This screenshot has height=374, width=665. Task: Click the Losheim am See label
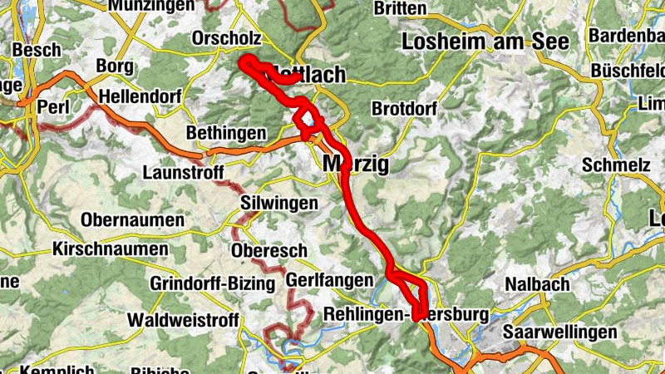pyautogui.click(x=485, y=41)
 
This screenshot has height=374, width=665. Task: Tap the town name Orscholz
pyautogui.click(x=226, y=38)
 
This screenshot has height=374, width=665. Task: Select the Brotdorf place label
pyautogui.click(x=403, y=109)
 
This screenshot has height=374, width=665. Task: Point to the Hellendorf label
pyautogui.click(x=140, y=97)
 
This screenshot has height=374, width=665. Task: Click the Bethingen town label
pyautogui.click(x=226, y=133)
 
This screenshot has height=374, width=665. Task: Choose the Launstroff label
pyautogui.click(x=180, y=173)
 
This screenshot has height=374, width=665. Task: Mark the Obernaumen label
pyautogui.click(x=133, y=220)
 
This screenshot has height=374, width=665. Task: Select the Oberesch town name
pyautogui.click(x=269, y=251)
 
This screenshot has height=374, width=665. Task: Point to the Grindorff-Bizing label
pyautogui.click(x=212, y=283)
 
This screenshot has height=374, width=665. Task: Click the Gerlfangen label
pyautogui.click(x=329, y=281)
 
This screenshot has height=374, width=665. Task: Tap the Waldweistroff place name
pyautogui.click(x=184, y=320)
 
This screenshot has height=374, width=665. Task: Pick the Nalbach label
pyautogui.click(x=537, y=285)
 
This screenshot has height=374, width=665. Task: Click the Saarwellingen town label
pyautogui.click(x=559, y=332)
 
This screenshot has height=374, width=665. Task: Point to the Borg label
pyautogui.click(x=115, y=66)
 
